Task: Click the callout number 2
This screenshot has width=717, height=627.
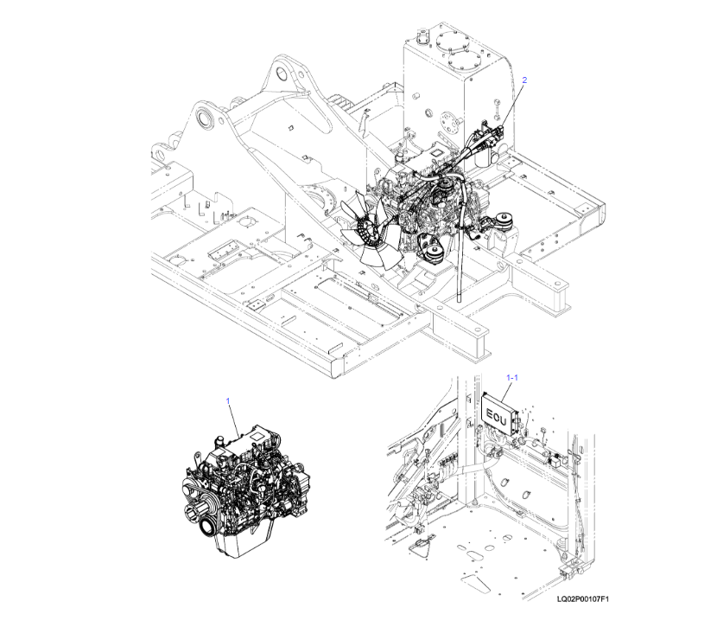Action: coord(523,80)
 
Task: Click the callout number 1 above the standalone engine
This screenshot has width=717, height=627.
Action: coord(228,401)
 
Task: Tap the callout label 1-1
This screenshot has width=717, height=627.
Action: coord(511,377)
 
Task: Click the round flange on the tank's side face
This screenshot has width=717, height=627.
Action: coord(450,120)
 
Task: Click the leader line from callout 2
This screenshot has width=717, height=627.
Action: coord(514,100)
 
